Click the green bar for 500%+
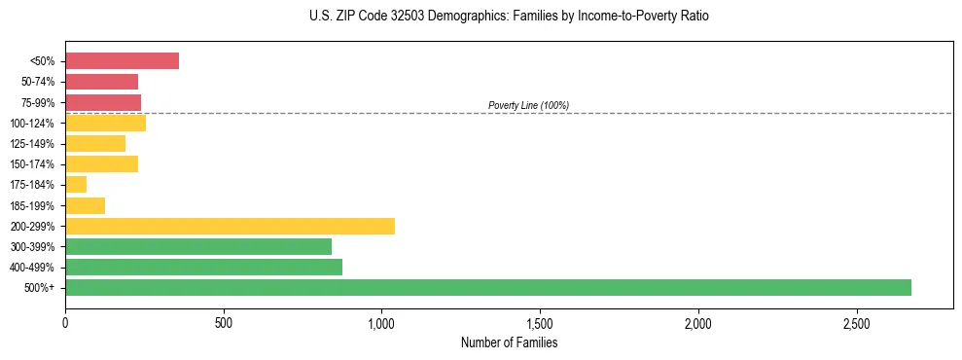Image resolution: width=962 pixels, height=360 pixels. (x=488, y=287)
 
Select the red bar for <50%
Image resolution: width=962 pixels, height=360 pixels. (x=122, y=61)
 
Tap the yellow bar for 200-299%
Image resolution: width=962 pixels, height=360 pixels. (x=230, y=226)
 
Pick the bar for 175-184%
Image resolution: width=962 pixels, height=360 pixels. (x=76, y=185)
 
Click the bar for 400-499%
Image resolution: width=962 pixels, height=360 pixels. (x=203, y=267)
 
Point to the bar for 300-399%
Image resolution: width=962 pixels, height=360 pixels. (x=198, y=246)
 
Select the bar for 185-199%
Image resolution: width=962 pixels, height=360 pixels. (x=85, y=205)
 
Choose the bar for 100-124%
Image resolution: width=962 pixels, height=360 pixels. (x=105, y=123)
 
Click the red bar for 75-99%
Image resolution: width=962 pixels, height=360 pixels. (x=103, y=102)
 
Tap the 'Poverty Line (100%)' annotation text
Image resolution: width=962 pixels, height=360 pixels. (x=528, y=105)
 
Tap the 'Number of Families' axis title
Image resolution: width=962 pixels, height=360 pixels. (x=509, y=342)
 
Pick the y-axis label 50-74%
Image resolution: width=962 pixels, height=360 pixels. (x=39, y=82)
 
